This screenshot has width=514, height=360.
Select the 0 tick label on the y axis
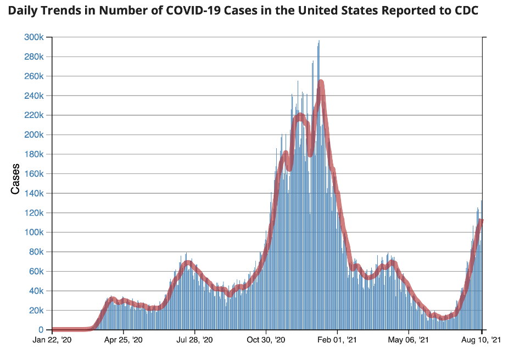(x=41, y=330)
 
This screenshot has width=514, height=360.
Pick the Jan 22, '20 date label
(x=52, y=340)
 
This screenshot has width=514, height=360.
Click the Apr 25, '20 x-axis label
(x=124, y=340)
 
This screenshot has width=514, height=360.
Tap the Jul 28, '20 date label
(x=195, y=340)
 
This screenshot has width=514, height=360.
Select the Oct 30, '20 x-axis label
(x=266, y=340)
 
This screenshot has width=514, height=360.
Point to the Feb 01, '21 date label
(x=337, y=340)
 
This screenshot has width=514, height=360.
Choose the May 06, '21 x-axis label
(x=409, y=340)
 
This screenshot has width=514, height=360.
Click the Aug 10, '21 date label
(x=482, y=340)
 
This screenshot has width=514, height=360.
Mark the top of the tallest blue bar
(x=319, y=41)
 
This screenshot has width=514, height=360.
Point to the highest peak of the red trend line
(x=321, y=82)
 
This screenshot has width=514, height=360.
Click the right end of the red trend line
(x=482, y=221)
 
